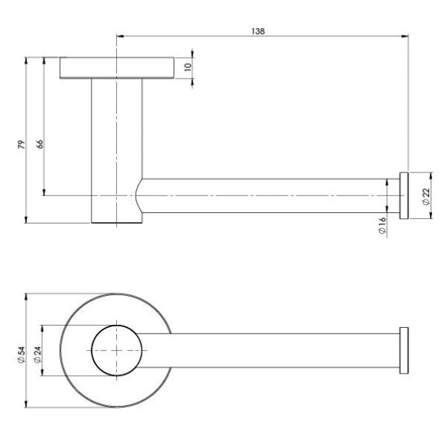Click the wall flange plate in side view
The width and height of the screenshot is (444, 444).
pyautogui.click(x=116, y=67)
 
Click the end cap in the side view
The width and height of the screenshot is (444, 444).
pyautogui.click(x=404, y=195)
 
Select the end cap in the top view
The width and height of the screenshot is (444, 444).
pyautogui.click(x=404, y=350)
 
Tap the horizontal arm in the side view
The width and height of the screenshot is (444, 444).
pyautogui.click(x=266, y=195)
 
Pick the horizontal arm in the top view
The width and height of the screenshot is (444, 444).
pyautogui.click(x=281, y=350)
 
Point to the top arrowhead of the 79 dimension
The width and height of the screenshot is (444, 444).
pyautogui.click(x=27, y=60)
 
